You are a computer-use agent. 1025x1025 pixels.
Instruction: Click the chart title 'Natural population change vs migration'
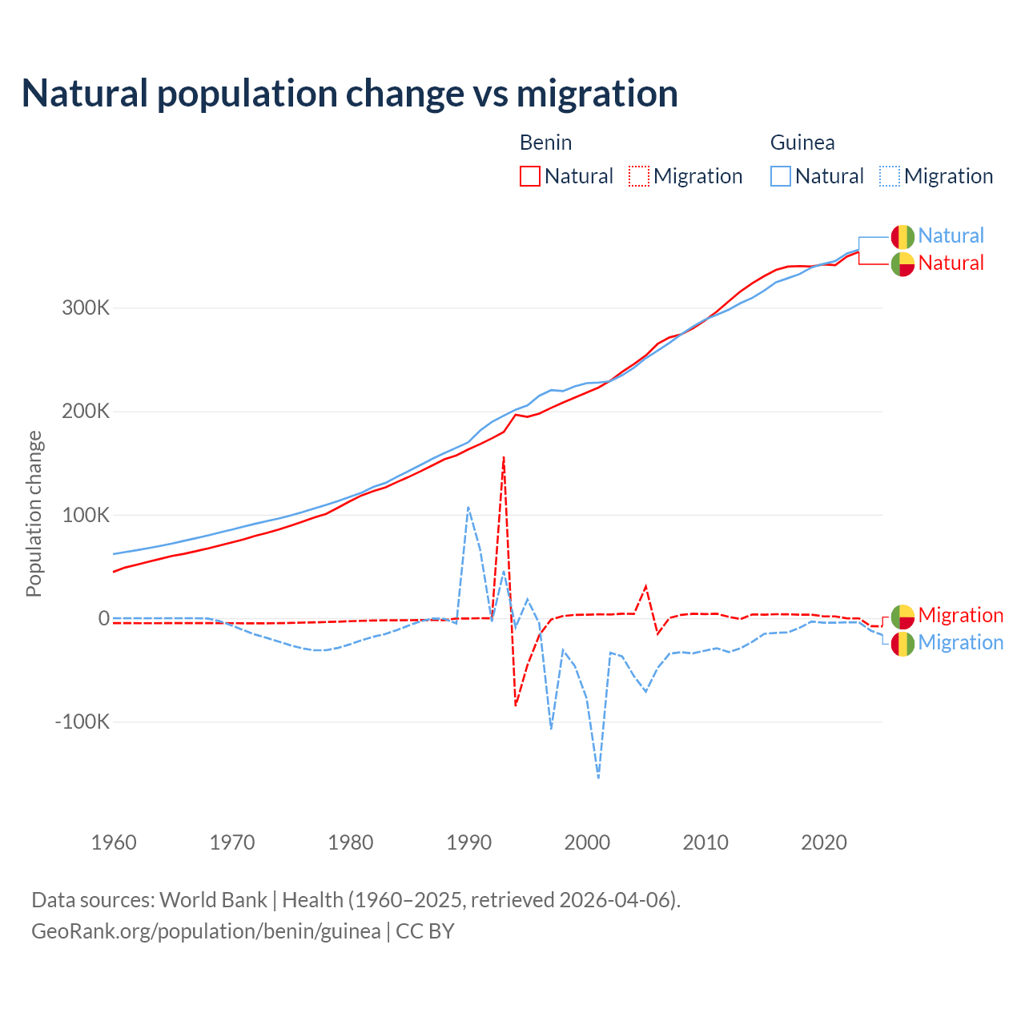tap(349, 93)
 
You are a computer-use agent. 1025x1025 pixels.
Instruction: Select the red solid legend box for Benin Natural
tap(529, 176)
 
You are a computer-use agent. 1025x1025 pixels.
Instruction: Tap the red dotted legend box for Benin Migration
tap(639, 176)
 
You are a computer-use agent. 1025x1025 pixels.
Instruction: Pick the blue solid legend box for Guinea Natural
tap(781, 176)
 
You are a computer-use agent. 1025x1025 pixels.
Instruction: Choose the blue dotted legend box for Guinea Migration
tap(890, 176)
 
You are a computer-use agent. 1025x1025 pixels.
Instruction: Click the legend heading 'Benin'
tap(545, 143)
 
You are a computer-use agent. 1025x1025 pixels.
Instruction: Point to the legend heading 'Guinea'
tap(802, 143)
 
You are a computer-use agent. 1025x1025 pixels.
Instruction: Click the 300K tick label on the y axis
tap(86, 307)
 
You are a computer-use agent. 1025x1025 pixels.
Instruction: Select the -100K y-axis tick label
tap(82, 722)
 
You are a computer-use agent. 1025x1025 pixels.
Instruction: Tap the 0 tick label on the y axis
tap(103, 618)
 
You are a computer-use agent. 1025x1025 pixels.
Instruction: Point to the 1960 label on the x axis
tap(114, 842)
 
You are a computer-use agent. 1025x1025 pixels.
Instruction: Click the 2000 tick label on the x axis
tap(587, 842)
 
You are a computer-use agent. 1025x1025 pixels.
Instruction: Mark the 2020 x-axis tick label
tap(824, 842)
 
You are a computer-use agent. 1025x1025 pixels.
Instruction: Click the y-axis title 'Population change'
tap(34, 513)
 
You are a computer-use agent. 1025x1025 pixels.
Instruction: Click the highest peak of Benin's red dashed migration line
tap(504, 457)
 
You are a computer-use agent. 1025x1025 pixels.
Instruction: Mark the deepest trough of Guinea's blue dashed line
tap(599, 777)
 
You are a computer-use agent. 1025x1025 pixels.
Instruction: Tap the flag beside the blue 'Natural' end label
tap(902, 237)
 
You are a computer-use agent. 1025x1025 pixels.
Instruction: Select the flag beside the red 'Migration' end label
tap(902, 617)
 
